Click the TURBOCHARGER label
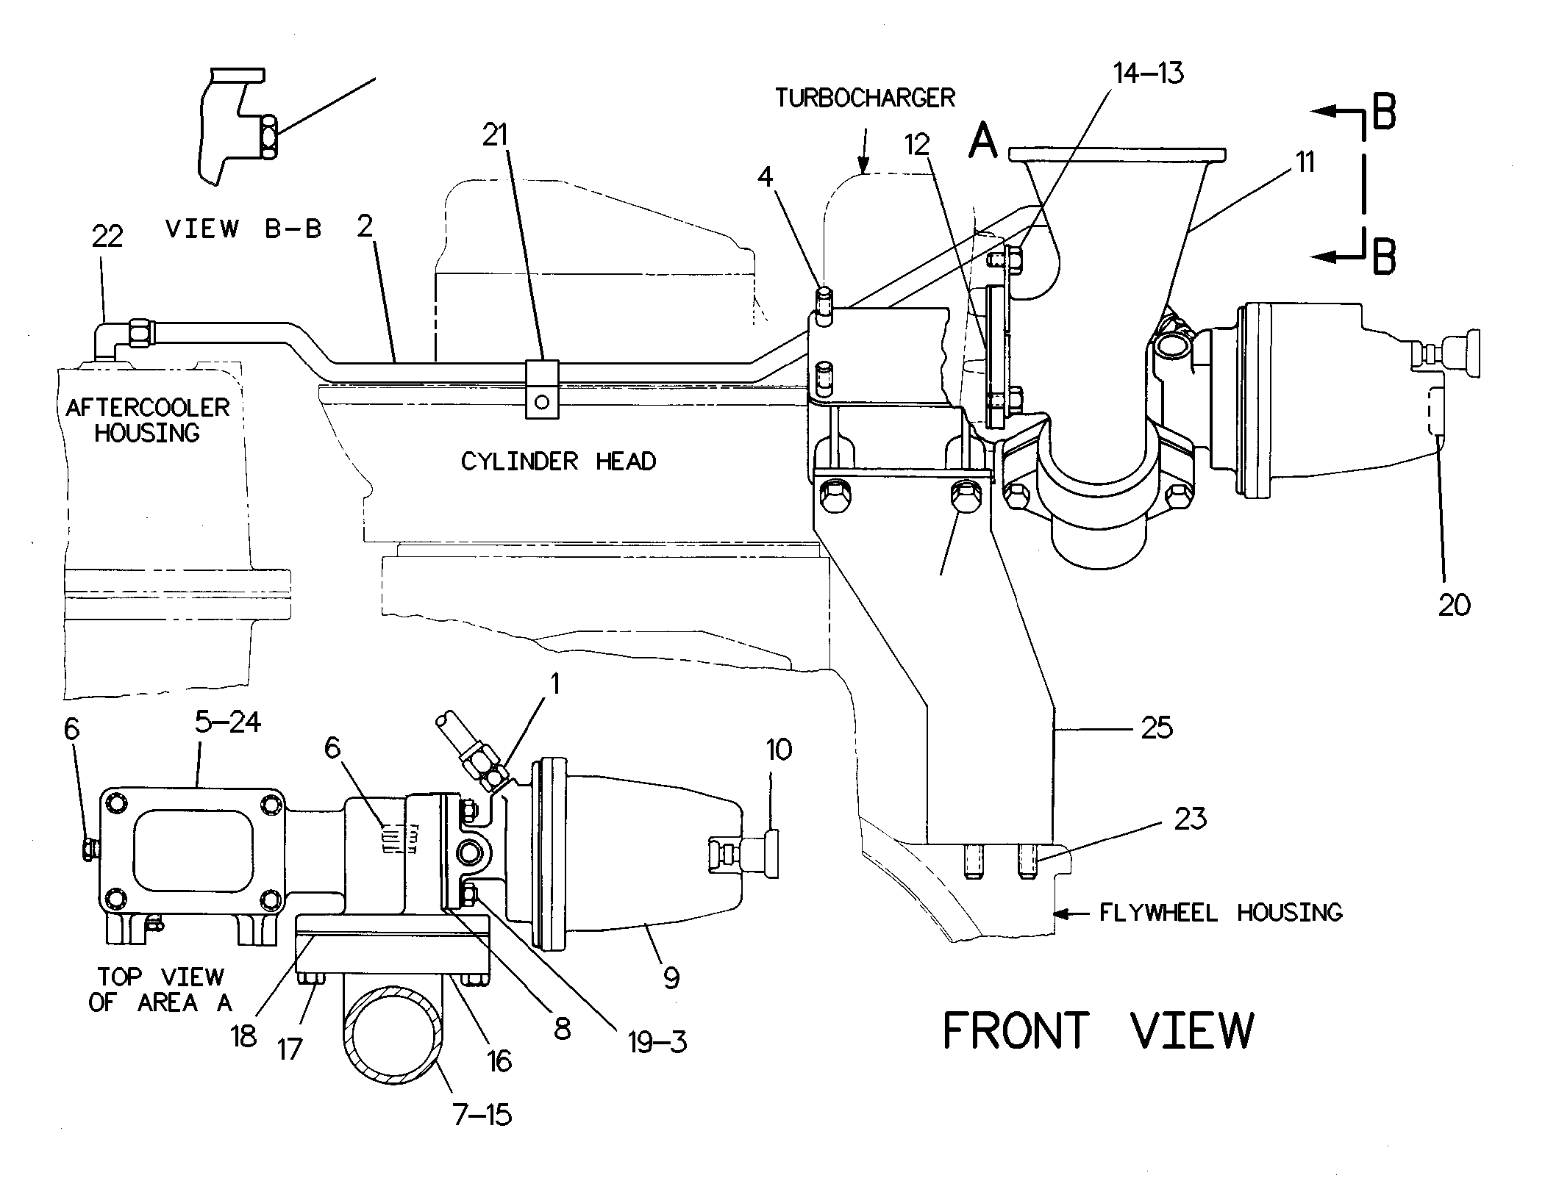pos(865,98)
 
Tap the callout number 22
pos(107,237)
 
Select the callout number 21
pos(495,134)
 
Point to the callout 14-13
pos(1149,73)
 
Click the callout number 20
pos(1455,605)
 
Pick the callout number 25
pos(1157,728)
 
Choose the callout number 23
pos(1191,818)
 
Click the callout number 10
pos(779,750)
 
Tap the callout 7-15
pos(482,1115)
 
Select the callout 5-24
pos(228,722)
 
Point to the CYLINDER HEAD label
pos(559,461)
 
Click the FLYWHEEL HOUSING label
pos(1221,913)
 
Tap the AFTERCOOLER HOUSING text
pos(147,420)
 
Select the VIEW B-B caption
pos(244,229)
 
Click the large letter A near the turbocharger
pos(983,140)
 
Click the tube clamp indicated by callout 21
pos(542,389)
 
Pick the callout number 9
pos(671,978)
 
